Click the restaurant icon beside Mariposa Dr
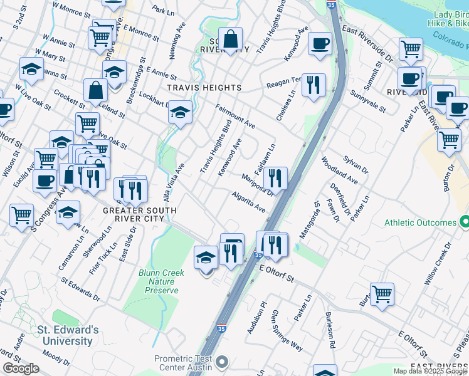pyautogui.click(x=275, y=178)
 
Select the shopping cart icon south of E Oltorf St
pyautogui.click(x=381, y=293)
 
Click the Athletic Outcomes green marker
pyautogui.click(x=464, y=222)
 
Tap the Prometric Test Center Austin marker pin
pyautogui.click(x=220, y=362)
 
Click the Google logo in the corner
pyautogui.click(x=21, y=368)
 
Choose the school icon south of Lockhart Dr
pyautogui.click(x=180, y=112)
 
